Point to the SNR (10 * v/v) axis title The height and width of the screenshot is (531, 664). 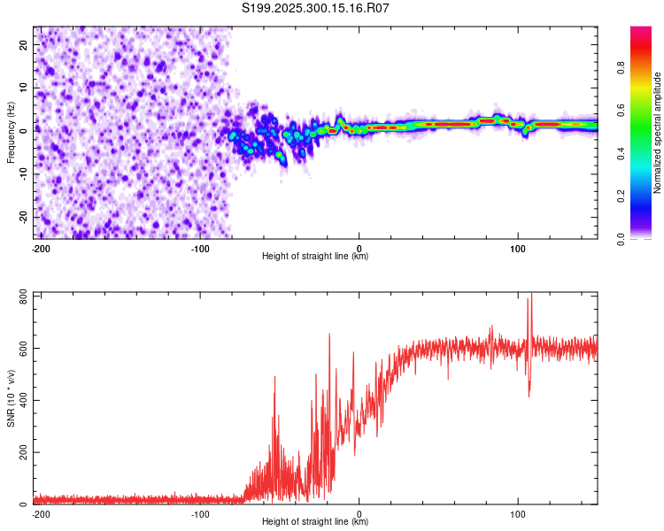(11, 399)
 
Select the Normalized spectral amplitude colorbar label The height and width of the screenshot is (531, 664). (658, 133)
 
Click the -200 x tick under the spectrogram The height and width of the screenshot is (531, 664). (40, 248)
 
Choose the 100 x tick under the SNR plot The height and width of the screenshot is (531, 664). (518, 513)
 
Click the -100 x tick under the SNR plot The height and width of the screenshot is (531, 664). (200, 513)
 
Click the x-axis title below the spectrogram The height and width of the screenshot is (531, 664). (315, 257)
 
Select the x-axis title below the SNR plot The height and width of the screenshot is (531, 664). (315, 522)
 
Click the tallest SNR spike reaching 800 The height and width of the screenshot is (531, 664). (531, 296)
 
